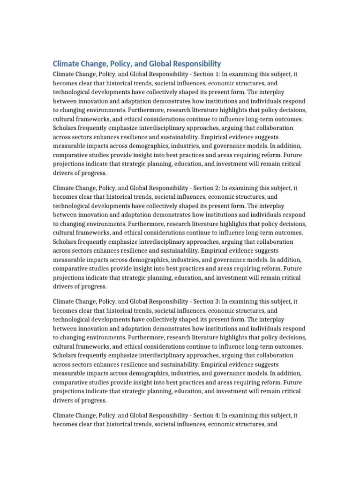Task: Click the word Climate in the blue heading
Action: tap(67, 63)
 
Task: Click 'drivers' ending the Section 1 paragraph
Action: tap(63, 172)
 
